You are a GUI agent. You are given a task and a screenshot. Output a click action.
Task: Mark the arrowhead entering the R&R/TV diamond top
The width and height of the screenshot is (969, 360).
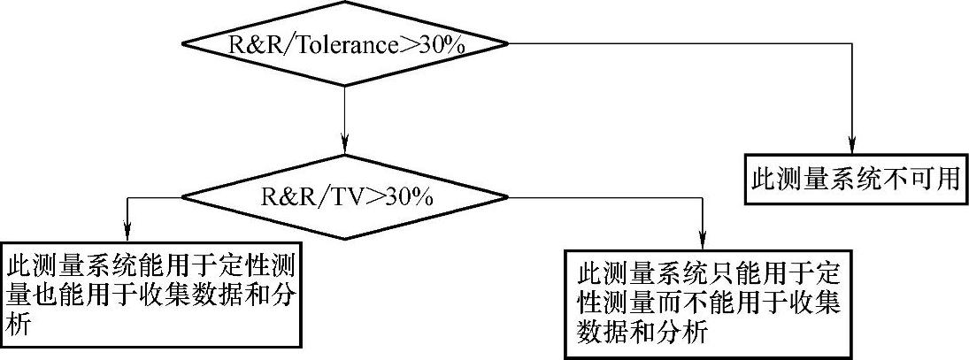pyautogui.click(x=345, y=144)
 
